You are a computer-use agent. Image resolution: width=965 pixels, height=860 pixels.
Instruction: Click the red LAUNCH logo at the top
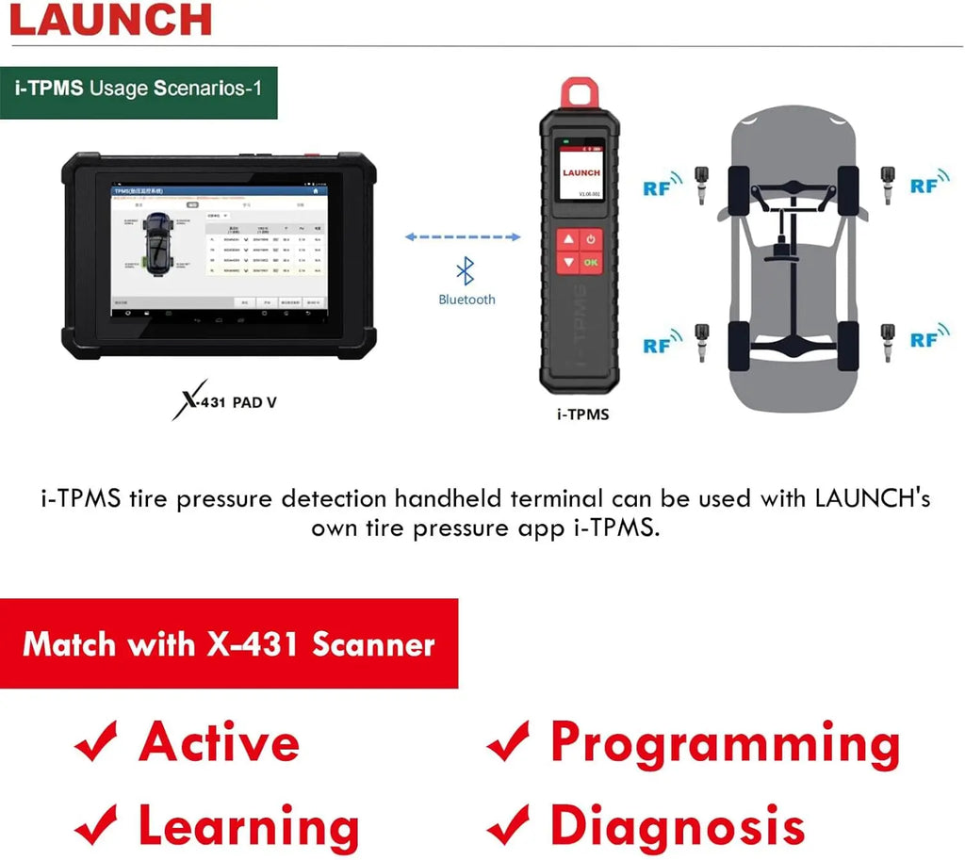(x=110, y=20)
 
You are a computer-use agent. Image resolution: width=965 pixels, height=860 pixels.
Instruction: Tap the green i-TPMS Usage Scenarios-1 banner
(x=139, y=89)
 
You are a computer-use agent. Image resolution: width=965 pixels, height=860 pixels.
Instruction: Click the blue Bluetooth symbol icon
(x=466, y=272)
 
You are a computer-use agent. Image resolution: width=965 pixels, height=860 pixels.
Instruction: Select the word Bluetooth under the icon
(x=466, y=300)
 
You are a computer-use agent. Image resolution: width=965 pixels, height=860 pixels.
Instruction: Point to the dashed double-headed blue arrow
(x=463, y=237)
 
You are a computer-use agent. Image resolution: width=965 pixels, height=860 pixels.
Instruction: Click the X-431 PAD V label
(x=226, y=403)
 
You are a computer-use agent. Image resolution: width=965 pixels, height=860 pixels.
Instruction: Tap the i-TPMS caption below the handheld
(x=583, y=414)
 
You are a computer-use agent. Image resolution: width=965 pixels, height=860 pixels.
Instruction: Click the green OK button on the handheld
(x=592, y=263)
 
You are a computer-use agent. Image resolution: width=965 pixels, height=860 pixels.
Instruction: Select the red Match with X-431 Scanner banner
(x=229, y=644)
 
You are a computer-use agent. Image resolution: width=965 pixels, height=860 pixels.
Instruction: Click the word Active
(x=220, y=742)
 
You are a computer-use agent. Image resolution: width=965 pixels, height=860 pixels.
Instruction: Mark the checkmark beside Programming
(x=509, y=742)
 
